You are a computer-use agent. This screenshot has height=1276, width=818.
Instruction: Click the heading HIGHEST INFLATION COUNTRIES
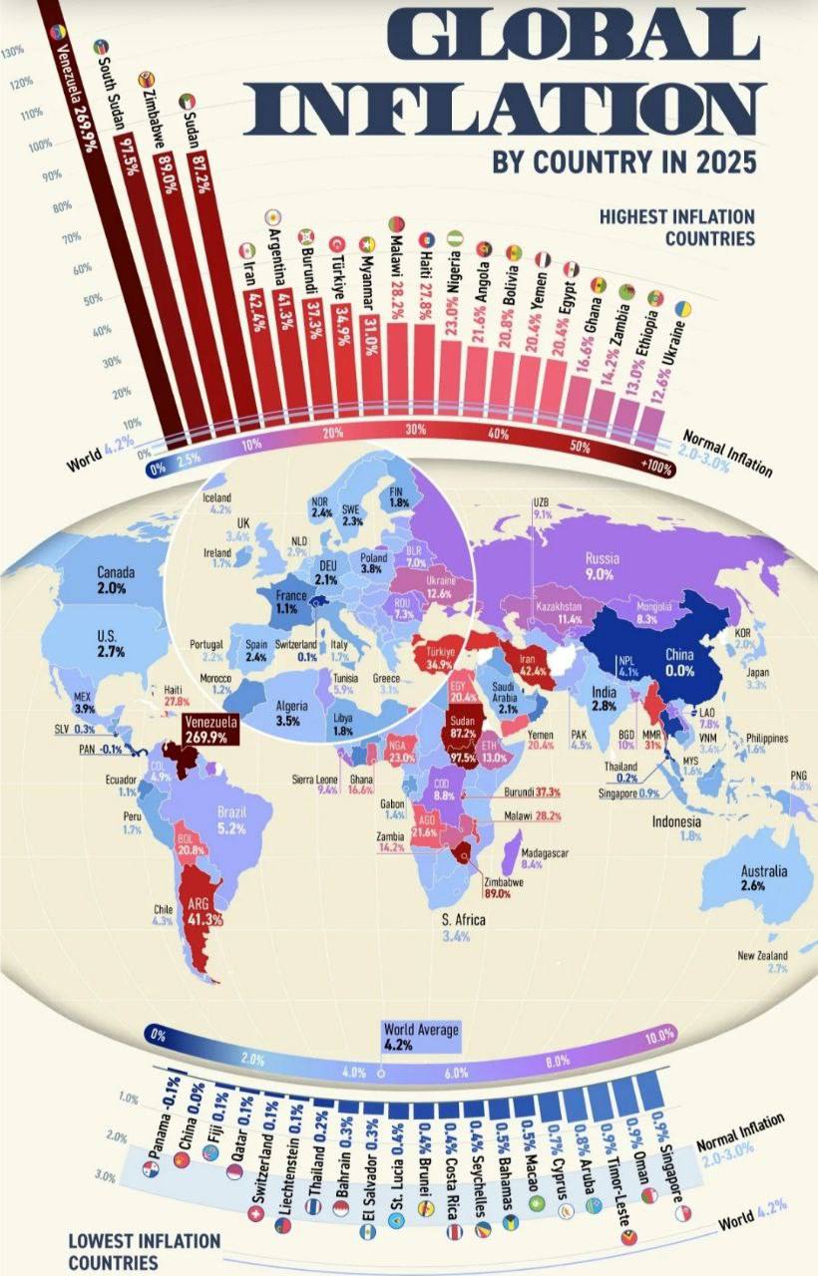[676, 227]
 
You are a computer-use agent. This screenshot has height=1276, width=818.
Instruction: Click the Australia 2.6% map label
[764, 877]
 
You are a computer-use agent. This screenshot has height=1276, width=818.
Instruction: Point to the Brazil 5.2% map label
[230, 819]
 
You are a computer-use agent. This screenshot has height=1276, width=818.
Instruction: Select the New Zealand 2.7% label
[763, 962]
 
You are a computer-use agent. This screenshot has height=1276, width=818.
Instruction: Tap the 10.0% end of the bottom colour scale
[658, 1038]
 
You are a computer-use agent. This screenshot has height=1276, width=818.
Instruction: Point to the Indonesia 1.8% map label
[675, 828]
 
